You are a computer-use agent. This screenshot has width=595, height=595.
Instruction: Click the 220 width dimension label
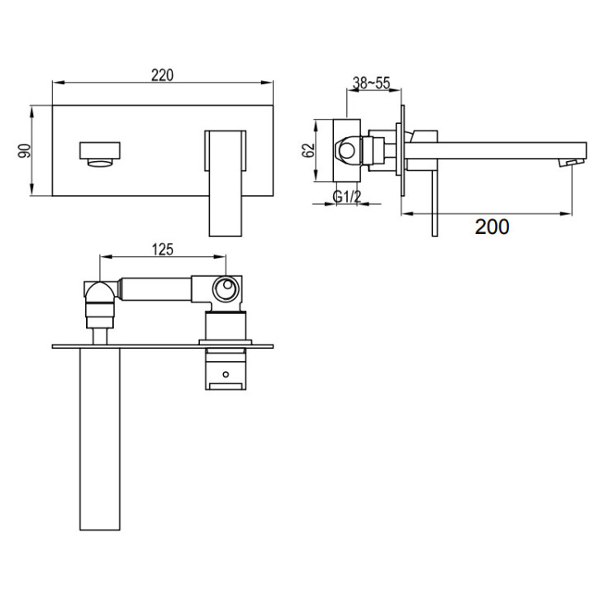click(x=163, y=75)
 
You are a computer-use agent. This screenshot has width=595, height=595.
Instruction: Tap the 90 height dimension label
click(x=25, y=150)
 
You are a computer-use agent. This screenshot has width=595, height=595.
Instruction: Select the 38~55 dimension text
click(x=371, y=83)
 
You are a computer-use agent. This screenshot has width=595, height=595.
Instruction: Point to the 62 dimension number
click(x=308, y=150)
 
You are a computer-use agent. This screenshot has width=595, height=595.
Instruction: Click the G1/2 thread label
click(x=347, y=197)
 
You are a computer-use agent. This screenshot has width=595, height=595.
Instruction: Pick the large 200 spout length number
click(x=493, y=226)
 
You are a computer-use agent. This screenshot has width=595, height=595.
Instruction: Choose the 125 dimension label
click(x=163, y=250)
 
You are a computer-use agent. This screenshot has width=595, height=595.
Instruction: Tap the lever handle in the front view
click(x=226, y=183)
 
